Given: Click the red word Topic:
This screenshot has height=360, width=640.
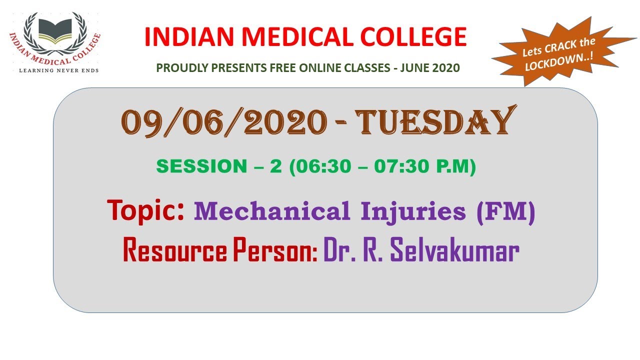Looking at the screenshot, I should tap(146, 210).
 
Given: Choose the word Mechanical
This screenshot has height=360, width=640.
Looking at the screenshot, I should tap(271, 211).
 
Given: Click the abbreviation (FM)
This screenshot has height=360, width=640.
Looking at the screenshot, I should tap(505, 211).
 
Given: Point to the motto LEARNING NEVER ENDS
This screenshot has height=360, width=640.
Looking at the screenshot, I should tap(58, 70).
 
